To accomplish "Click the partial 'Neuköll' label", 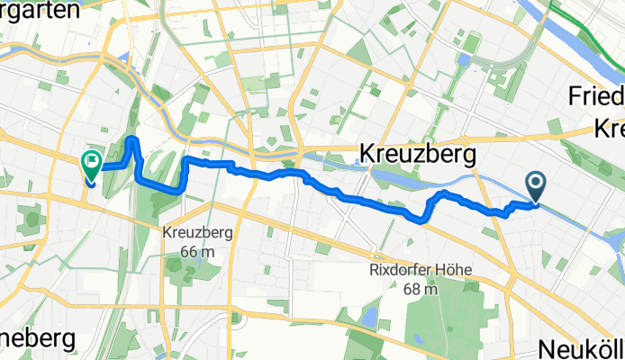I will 581,348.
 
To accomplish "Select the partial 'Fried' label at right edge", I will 598,97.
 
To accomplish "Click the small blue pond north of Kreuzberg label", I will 463,60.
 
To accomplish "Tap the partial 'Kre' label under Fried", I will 609,130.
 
